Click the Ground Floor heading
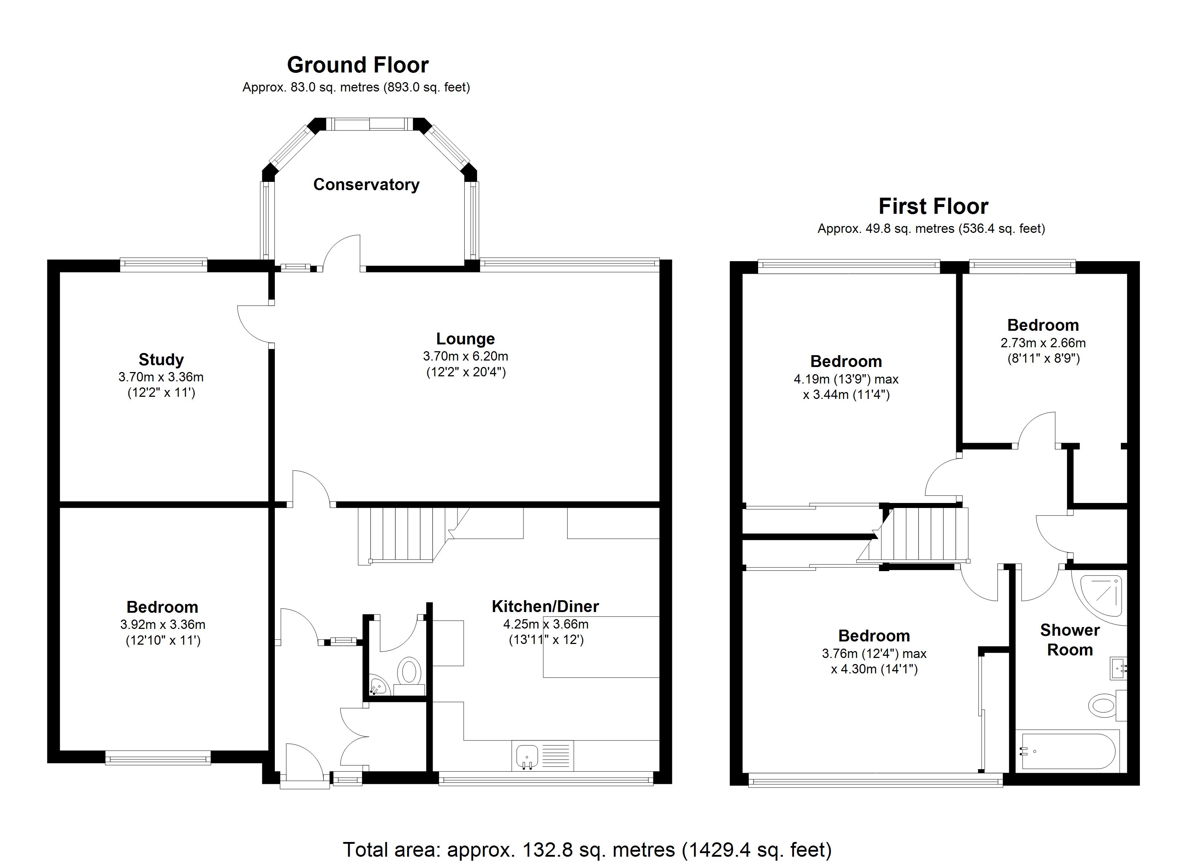pyautogui.click(x=358, y=65)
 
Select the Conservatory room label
pyautogui.click(x=366, y=184)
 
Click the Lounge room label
pyautogui.click(x=465, y=339)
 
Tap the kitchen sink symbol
pyautogui.click(x=527, y=756)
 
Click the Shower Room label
pyautogui.click(x=1069, y=640)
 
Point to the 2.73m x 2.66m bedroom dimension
pyautogui.click(x=1043, y=343)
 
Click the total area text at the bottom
pyautogui.click(x=587, y=850)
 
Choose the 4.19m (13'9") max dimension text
pyautogui.click(x=846, y=379)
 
